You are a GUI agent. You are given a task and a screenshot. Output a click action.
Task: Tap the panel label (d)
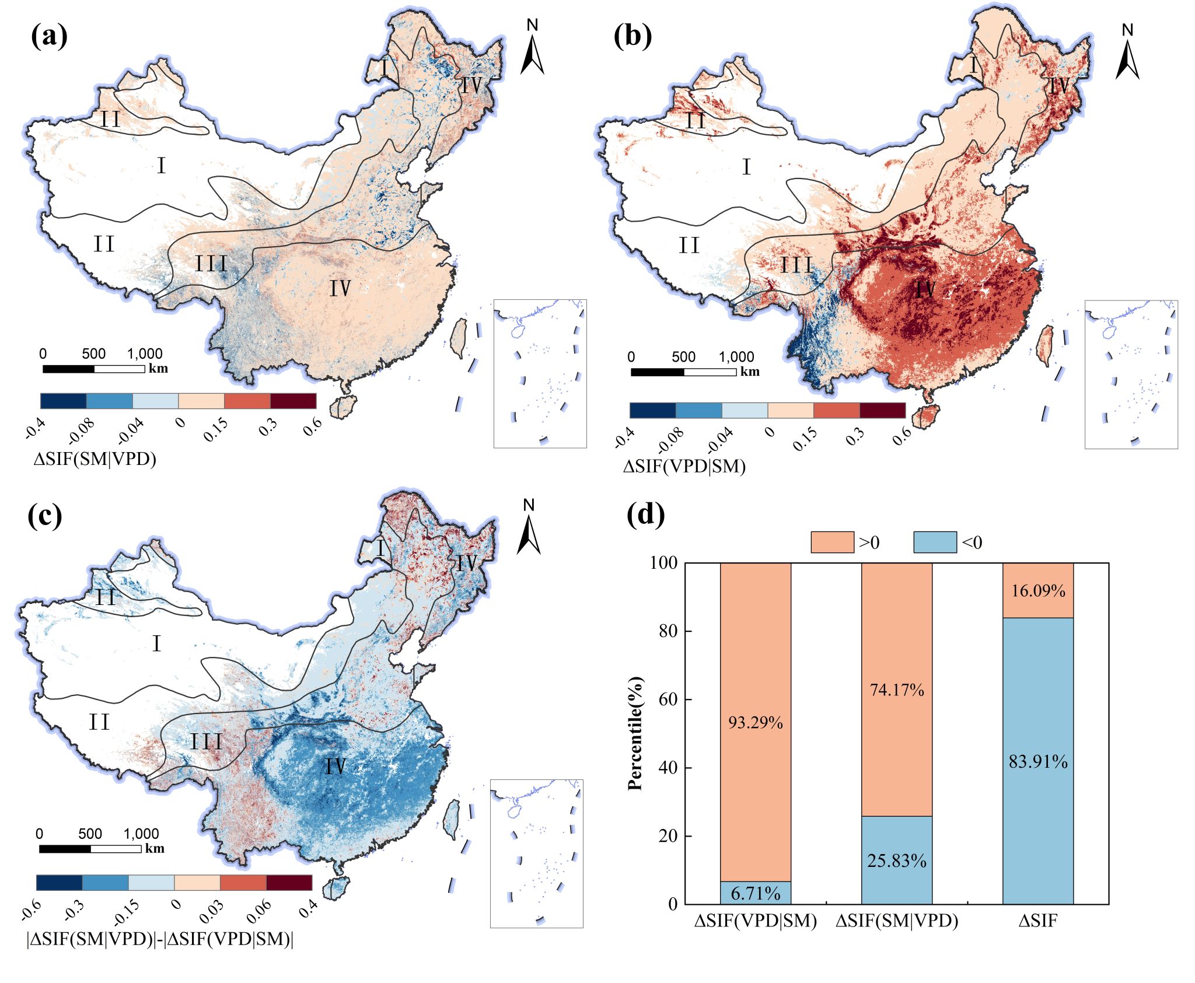[645, 515]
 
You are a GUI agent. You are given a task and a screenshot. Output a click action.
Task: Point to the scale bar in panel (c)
[90, 849]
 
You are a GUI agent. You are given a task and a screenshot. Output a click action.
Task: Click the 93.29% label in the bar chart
[755, 723]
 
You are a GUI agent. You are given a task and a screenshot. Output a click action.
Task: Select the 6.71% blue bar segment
[756, 893]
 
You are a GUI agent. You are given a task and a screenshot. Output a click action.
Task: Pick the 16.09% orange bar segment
[1038, 590]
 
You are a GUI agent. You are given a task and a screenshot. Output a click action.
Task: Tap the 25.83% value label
[897, 861]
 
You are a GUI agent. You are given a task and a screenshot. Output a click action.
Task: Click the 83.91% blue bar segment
[1038, 761]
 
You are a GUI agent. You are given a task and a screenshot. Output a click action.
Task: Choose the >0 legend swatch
[833, 543]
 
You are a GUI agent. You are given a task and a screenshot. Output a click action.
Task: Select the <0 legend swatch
[935, 543]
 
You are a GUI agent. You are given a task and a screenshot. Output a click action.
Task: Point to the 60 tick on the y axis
[670, 699]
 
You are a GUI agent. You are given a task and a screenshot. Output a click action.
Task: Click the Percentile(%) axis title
[635, 733]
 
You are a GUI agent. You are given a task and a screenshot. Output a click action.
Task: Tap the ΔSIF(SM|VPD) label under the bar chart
[897, 921]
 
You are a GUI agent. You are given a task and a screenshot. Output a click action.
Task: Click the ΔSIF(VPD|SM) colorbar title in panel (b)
[684, 466]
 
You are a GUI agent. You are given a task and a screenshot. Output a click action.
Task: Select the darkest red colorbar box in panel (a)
[293, 401]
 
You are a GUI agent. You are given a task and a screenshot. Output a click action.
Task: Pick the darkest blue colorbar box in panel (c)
[59, 883]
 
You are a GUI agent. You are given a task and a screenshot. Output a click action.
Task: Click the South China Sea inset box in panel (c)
[536, 853]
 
